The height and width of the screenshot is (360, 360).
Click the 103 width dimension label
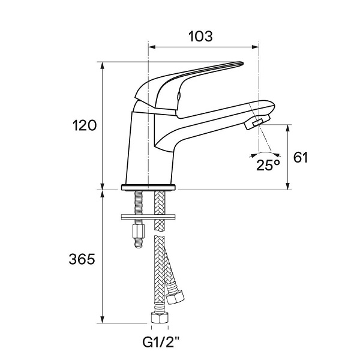coord(200,36)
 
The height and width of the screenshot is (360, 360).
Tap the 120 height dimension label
coord(85,125)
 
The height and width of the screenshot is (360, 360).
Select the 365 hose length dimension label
coord(82,259)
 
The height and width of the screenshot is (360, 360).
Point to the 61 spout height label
coord(301,157)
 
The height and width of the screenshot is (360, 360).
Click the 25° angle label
coord(268,164)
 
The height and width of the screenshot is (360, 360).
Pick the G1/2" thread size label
coord(160,343)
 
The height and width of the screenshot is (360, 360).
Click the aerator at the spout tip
coord(257,122)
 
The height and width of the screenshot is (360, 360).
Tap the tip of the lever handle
coord(242,63)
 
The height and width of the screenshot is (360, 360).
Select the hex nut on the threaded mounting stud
coord(138,232)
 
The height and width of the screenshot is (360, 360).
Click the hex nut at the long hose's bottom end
coord(160,317)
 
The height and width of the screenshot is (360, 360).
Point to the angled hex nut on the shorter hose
coord(175,297)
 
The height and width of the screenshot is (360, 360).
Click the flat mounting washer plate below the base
coord(148,217)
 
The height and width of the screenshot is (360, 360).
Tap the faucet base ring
coord(148,187)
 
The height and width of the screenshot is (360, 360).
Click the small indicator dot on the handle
coord(179,96)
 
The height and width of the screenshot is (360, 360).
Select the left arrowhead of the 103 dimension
coord(152,47)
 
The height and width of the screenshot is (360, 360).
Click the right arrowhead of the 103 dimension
coord(256,47)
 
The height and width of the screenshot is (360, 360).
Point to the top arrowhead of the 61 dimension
coord(288,128)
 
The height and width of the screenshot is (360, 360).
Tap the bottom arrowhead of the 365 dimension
coord(103,319)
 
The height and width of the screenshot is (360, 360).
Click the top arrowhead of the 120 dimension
coord(103,65)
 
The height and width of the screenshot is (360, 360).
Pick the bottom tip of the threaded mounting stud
coord(138,247)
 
